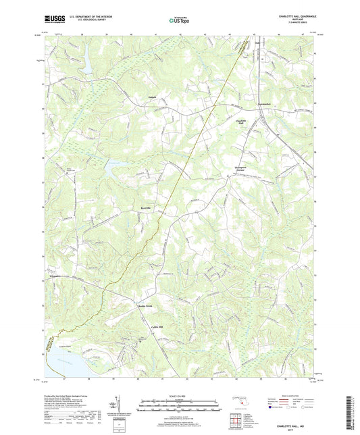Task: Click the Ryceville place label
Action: click(x=148, y=207)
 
